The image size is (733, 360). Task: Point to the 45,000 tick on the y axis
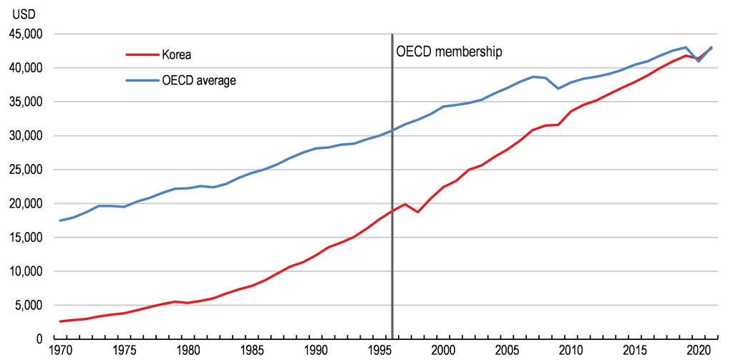tap(24, 34)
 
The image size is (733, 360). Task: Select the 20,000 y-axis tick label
tap(24, 204)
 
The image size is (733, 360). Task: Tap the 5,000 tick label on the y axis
tap(26, 306)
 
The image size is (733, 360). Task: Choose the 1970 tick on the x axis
tap(60, 351)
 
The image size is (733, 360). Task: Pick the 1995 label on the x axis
tap(380, 351)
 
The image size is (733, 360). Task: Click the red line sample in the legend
tap(142, 54)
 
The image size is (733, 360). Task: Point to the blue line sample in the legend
tap(142, 80)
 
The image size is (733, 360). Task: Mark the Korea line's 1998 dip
tap(418, 212)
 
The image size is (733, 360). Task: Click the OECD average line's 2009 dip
tap(558, 88)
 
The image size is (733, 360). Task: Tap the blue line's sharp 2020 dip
tap(699, 62)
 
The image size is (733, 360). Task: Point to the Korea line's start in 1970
tap(60, 321)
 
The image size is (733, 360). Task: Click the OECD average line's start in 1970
tap(60, 220)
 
